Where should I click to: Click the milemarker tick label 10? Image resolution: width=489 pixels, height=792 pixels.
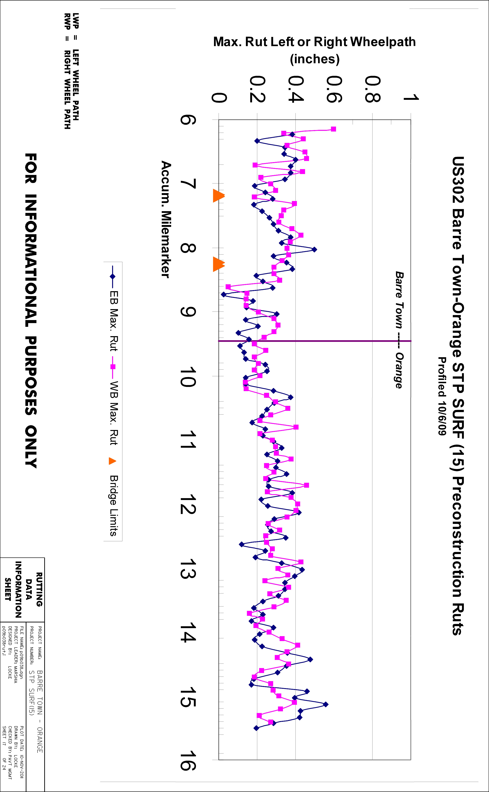click(188, 377)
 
